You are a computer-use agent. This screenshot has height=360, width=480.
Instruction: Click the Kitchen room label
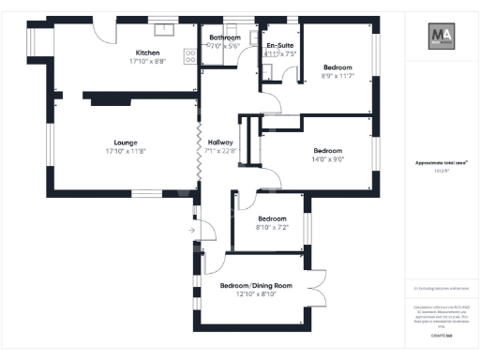click(x=148, y=52)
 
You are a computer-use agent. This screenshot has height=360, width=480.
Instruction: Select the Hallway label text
click(x=222, y=141)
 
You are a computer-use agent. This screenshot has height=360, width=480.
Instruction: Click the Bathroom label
click(x=225, y=37)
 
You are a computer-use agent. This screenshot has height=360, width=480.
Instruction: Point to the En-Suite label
click(x=279, y=45)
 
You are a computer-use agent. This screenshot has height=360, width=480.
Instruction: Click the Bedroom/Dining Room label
click(x=256, y=285)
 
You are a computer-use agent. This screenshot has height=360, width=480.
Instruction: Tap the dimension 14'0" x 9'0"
click(x=327, y=159)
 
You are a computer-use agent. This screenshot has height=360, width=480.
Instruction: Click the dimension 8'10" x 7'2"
click(x=272, y=227)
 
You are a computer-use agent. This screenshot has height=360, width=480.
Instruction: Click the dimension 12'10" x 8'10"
click(x=256, y=294)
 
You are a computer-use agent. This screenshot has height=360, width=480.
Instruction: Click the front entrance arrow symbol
click(x=191, y=228)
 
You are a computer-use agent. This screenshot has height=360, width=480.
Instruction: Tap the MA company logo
click(x=442, y=37)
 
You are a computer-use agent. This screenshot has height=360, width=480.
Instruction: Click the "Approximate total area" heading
click(x=442, y=162)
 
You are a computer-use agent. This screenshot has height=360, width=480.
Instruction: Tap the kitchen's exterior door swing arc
click(x=105, y=31)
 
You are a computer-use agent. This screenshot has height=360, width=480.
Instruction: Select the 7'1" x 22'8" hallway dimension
click(x=222, y=150)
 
